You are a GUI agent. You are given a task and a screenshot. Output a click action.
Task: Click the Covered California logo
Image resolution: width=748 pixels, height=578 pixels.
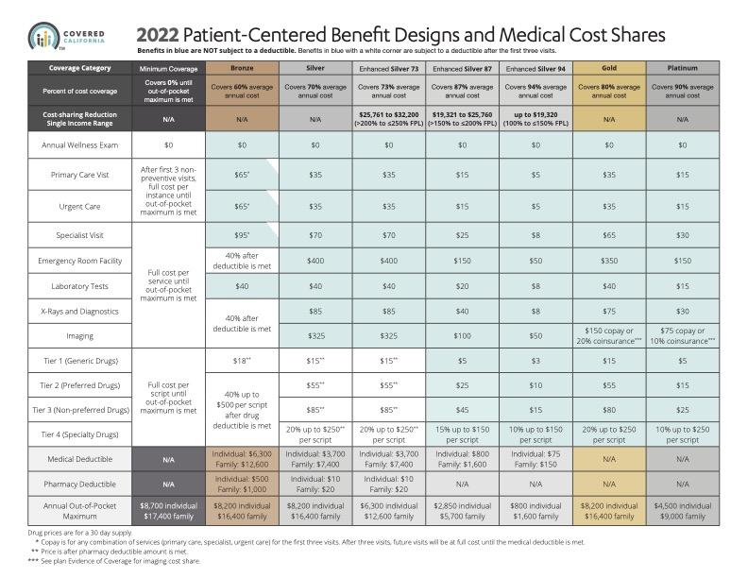(x=66, y=37)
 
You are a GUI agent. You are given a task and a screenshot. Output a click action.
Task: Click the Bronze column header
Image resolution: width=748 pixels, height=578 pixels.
(x=242, y=68)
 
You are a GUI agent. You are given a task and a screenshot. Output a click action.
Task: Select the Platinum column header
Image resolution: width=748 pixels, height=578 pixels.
(x=683, y=68)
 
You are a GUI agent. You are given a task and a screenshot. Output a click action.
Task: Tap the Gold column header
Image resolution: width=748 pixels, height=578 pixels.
(x=609, y=68)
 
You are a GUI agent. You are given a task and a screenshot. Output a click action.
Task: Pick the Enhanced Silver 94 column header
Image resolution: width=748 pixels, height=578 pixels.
(x=535, y=68)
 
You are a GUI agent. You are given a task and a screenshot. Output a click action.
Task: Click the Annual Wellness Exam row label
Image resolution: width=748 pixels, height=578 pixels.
(x=79, y=145)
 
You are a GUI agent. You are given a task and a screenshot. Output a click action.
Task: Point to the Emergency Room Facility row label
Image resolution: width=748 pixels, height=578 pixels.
(x=79, y=261)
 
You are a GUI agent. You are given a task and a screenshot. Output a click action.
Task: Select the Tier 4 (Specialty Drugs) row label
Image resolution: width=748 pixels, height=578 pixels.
(x=79, y=434)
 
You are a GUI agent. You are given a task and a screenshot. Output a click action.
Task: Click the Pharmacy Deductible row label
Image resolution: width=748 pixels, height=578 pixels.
(x=79, y=484)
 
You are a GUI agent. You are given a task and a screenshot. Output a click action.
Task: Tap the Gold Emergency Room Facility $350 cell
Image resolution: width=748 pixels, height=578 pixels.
(x=609, y=261)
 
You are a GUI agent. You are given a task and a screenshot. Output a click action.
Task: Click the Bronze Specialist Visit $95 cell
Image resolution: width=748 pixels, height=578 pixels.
(x=242, y=235)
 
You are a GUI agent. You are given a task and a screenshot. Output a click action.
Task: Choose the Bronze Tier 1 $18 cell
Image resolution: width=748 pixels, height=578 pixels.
(x=242, y=361)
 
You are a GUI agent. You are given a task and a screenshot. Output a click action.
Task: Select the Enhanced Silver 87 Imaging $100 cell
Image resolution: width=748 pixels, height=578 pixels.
(x=462, y=335)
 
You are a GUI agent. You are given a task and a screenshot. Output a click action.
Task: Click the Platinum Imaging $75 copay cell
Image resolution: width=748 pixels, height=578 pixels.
(x=683, y=335)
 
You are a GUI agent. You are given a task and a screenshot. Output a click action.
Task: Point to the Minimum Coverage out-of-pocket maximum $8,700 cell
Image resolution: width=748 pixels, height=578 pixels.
(x=168, y=511)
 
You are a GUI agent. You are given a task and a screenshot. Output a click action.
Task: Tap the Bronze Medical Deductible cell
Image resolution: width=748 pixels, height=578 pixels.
(x=242, y=459)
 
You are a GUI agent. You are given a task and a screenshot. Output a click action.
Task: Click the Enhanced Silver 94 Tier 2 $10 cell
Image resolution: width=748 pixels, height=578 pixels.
(x=535, y=384)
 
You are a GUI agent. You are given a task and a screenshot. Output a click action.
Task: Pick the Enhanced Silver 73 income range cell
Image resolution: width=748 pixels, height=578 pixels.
(x=389, y=119)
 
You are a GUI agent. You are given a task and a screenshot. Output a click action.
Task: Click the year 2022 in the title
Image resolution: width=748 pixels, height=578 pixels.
(x=158, y=35)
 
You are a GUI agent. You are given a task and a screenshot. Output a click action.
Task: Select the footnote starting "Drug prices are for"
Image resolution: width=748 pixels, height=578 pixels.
(x=80, y=533)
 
